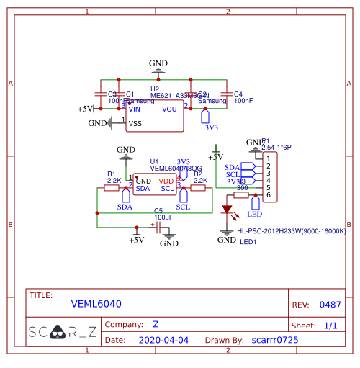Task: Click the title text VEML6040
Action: coord(96,304)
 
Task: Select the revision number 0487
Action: coord(330,305)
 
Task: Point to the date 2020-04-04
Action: coord(163,339)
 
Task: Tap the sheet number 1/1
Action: coord(330,326)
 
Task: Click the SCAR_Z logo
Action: coord(63,332)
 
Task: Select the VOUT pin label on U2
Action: coord(172,109)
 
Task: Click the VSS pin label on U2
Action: coord(135,124)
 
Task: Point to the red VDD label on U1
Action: coord(166,181)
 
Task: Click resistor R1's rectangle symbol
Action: coord(112,188)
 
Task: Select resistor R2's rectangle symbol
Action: coord(199,188)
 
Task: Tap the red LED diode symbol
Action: coord(228,210)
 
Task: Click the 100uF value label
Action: coord(163,217)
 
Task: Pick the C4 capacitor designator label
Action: coord(238,94)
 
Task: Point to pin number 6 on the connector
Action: coord(269,195)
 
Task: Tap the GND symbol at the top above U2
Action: coord(158,66)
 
